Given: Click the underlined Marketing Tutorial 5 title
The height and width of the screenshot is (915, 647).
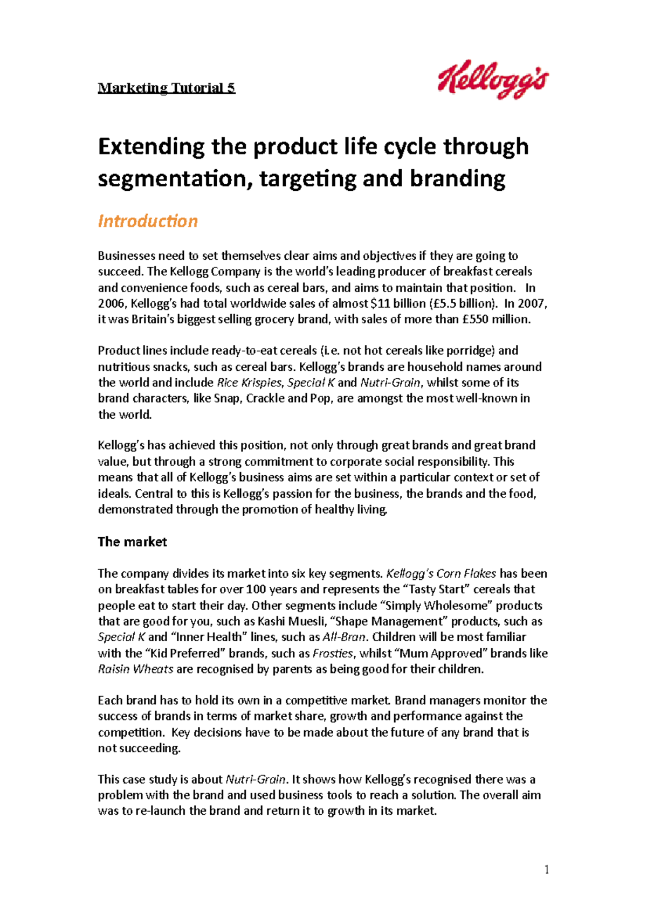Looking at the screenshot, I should pyautogui.click(x=166, y=88).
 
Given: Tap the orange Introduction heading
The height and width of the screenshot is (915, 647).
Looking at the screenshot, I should pyautogui.click(x=148, y=221).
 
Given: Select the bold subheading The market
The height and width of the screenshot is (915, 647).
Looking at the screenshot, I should pyautogui.click(x=132, y=542).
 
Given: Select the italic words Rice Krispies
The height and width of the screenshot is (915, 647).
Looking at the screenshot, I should pyautogui.click(x=249, y=383).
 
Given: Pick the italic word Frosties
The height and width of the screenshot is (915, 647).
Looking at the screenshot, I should pyautogui.click(x=333, y=653).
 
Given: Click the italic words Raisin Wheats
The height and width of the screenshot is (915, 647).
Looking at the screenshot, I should pyautogui.click(x=135, y=669).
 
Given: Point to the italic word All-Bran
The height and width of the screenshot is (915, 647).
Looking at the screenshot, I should pyautogui.click(x=345, y=637).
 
